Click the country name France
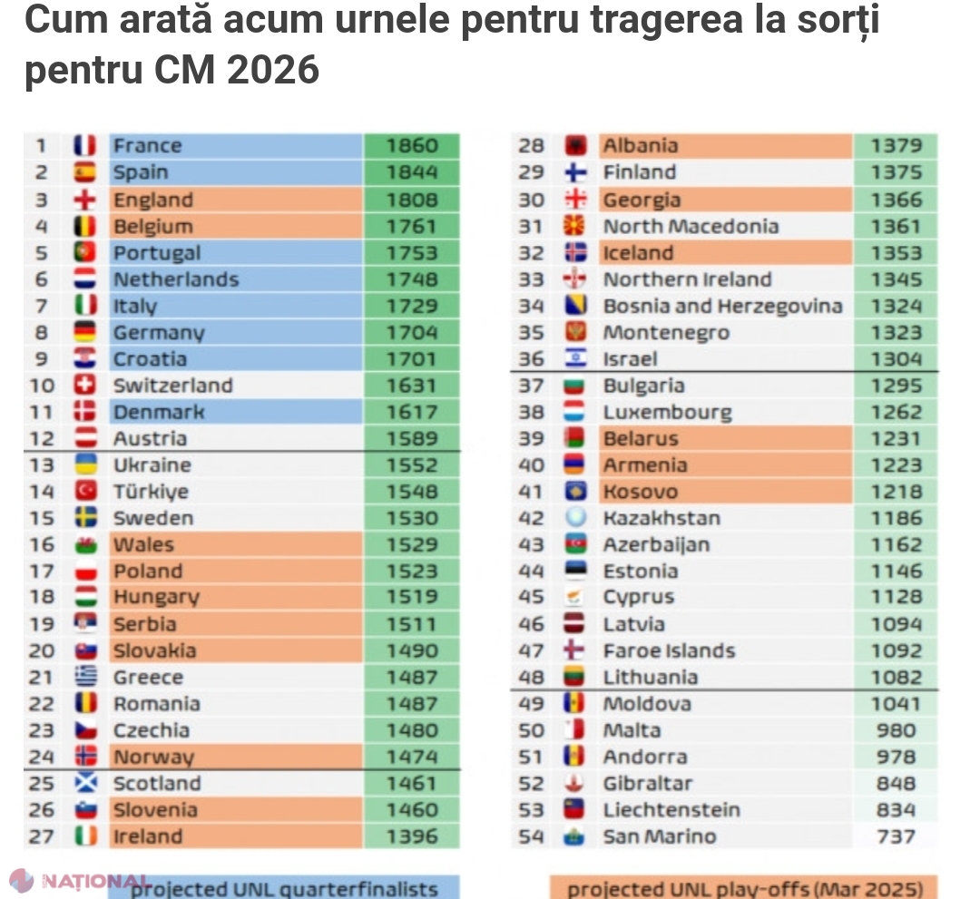(x=147, y=146)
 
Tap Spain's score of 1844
(x=411, y=172)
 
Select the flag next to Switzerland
(x=85, y=386)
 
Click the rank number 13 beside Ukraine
(x=43, y=465)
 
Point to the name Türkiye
(x=151, y=492)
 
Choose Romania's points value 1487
(x=411, y=704)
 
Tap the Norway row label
(x=153, y=757)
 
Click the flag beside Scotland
(x=85, y=784)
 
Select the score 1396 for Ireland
(x=411, y=836)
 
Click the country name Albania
(x=641, y=146)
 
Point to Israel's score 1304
(x=896, y=359)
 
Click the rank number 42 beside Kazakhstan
(x=532, y=519)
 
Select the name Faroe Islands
(x=670, y=650)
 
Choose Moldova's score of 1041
(x=896, y=704)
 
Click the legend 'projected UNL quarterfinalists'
(x=284, y=889)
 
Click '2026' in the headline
(x=274, y=69)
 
